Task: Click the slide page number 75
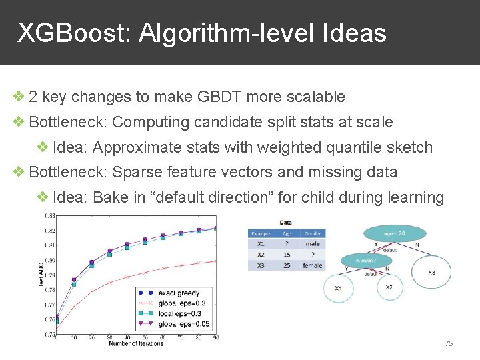tap(448, 343)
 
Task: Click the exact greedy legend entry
tap(178, 293)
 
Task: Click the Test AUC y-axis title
tap(41, 275)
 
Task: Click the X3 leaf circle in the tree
tap(431, 273)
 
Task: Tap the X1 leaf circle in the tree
tap(339, 289)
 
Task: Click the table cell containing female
tap(312, 265)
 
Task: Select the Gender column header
tap(312, 233)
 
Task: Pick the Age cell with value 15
tap(286, 255)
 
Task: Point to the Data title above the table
tap(286, 223)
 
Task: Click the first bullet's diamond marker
tap(20, 97)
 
